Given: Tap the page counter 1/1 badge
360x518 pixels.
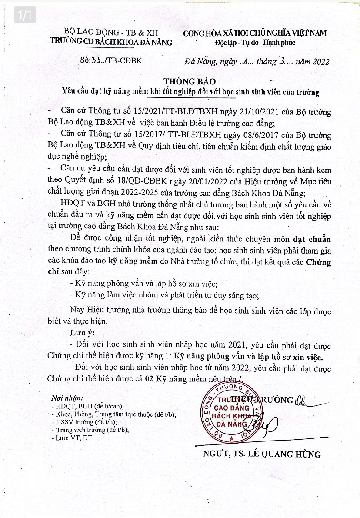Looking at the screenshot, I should (23, 16).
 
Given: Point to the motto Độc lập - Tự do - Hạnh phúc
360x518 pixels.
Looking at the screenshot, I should (255, 43).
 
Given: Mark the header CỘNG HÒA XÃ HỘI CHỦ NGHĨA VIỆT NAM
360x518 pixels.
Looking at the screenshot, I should (255, 33).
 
